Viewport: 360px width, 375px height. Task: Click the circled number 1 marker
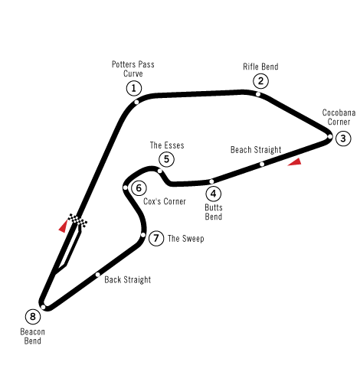[x=134, y=89]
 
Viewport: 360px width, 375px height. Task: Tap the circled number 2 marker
[x=260, y=81]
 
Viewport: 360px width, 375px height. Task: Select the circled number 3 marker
[x=343, y=139]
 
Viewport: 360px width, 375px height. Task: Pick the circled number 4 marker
[x=213, y=194]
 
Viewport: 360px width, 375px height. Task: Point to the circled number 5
[x=166, y=159]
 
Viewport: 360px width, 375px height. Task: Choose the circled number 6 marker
[x=139, y=188]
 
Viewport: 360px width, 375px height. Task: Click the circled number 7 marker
[x=156, y=239]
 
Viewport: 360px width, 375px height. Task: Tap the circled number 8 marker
[x=33, y=317]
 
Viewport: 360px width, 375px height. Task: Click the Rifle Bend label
[x=260, y=67]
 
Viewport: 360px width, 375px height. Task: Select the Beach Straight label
[x=256, y=150]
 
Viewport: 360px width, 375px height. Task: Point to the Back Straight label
[x=128, y=280]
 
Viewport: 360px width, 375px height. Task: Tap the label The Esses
[x=167, y=145]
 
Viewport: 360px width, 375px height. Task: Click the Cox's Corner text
[x=165, y=201]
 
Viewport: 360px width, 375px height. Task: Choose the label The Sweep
[x=186, y=239]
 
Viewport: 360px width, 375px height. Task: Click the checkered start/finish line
[x=77, y=220]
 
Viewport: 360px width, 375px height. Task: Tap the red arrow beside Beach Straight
[x=296, y=162]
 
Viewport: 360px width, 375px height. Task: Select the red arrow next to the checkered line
[x=64, y=227]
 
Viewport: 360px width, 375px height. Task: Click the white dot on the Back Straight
[x=98, y=275]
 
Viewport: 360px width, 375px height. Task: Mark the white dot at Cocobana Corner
[x=330, y=137]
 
